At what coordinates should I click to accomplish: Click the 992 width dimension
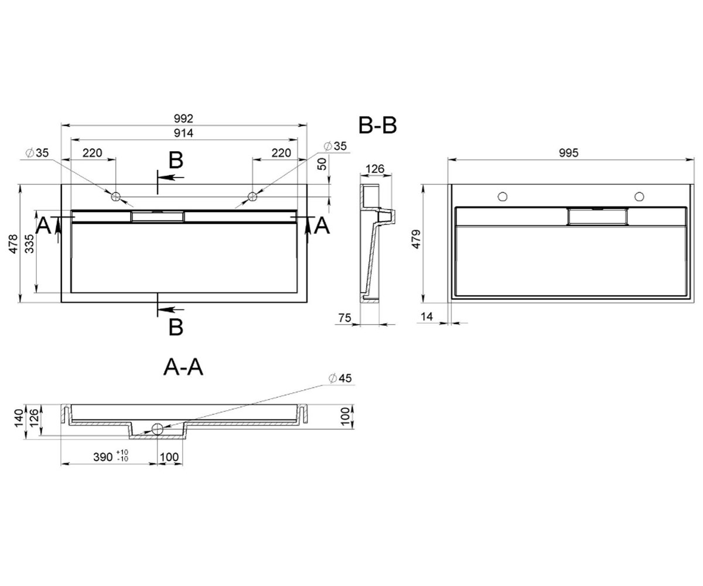coord(183,118)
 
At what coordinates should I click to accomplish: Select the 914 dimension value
coord(183,134)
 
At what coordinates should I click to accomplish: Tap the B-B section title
coord(377,125)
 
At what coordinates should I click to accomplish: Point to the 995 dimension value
coord(569,153)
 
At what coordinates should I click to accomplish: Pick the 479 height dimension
coord(417,239)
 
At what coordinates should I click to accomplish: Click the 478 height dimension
coord(13,244)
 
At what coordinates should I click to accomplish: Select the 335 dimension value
coord(30,244)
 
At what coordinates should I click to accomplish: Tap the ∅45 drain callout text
coord(340,378)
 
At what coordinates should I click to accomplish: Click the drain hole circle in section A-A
coord(157,429)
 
